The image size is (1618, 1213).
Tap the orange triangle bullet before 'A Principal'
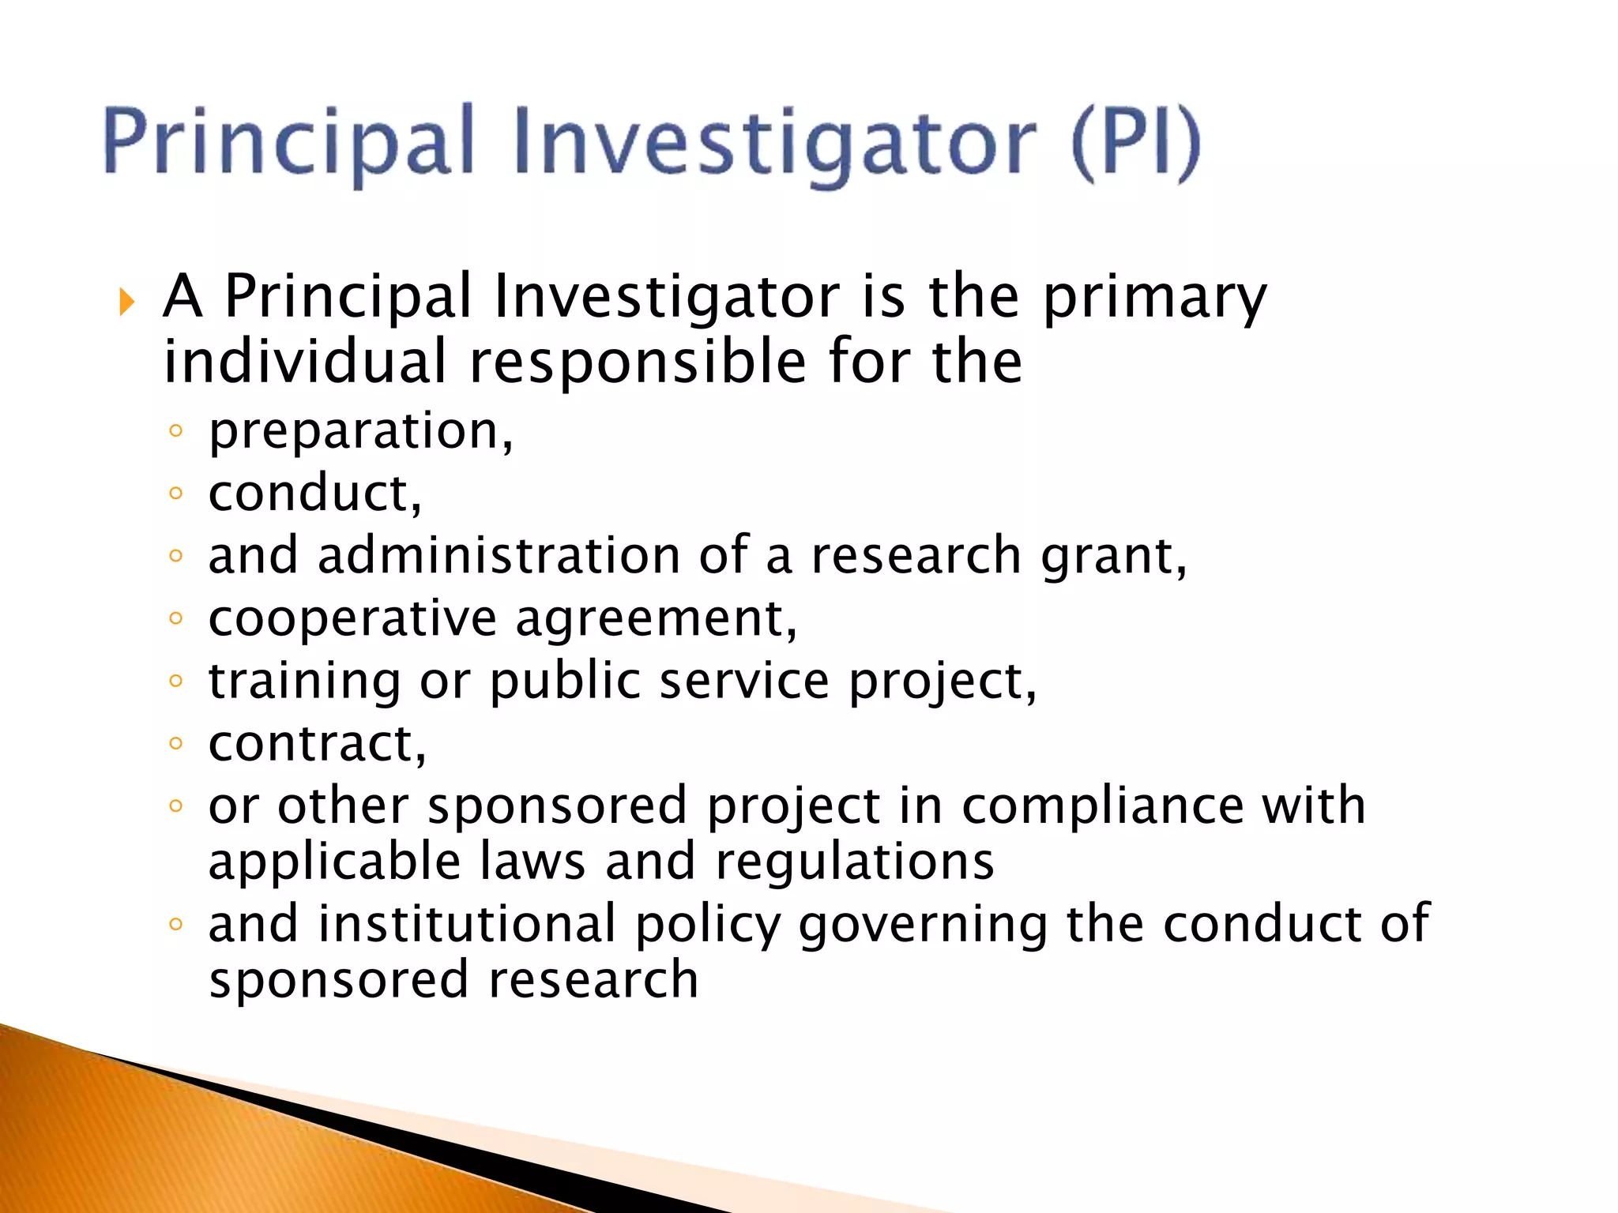[126, 302]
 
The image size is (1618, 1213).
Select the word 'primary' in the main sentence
[1154, 298]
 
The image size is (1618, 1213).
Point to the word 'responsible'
[638, 362]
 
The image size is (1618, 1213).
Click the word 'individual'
[305, 362]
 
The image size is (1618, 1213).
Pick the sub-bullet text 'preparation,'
[361, 432]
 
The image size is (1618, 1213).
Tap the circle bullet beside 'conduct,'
[176, 494]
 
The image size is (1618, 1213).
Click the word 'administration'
[499, 555]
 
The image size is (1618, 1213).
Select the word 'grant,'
[1114, 557]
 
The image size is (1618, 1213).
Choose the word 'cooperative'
[352, 618]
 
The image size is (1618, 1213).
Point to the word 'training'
[304, 682]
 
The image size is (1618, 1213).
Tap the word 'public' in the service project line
[565, 682]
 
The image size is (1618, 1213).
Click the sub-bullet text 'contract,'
[317, 744]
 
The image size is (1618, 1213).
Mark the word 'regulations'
[855, 861]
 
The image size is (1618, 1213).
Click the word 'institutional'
[467, 923]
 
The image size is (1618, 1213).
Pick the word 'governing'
[923, 925]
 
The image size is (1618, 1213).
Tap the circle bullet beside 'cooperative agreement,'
[176, 618]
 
